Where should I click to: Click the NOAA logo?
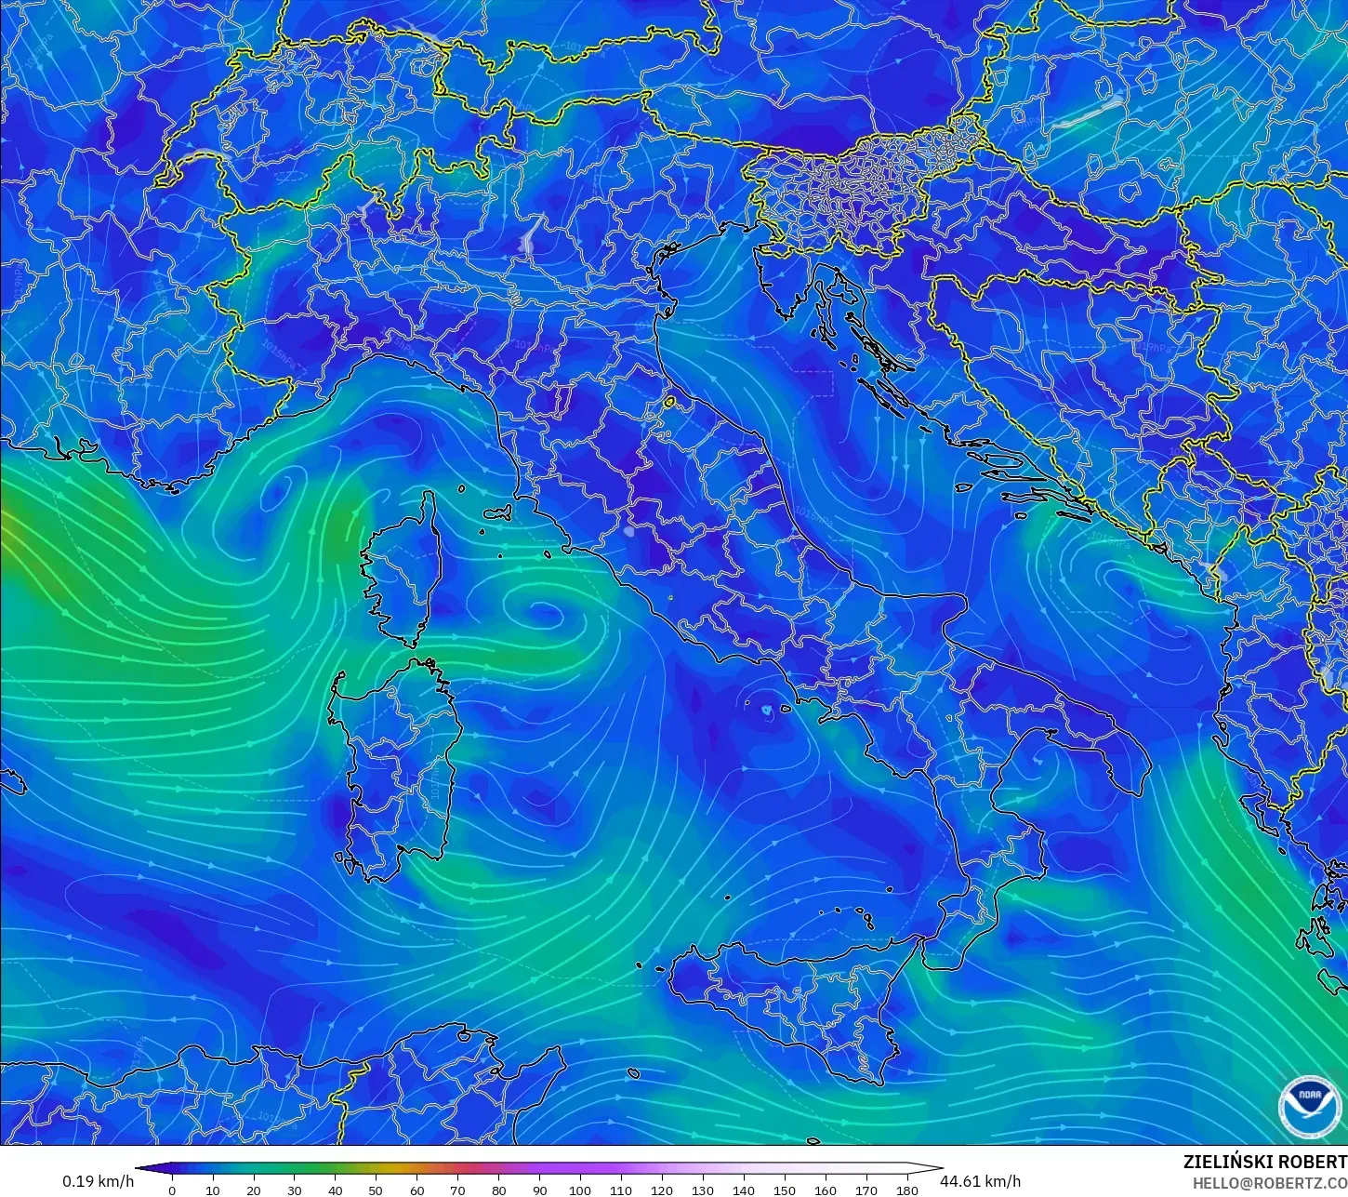point(1310,1107)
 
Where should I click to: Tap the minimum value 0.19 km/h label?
point(98,1181)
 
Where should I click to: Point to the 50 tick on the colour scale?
point(376,1189)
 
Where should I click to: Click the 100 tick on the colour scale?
point(580,1189)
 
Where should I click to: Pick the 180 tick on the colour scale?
point(907,1189)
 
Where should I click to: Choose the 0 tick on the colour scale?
point(171,1189)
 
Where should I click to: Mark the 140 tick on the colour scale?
point(744,1189)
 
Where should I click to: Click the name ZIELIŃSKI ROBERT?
point(1264,1162)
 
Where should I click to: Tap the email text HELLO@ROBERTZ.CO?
point(1270,1183)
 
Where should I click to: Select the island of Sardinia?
point(398,763)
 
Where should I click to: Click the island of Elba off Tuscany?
point(497,512)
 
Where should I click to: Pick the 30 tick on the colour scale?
point(294,1189)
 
